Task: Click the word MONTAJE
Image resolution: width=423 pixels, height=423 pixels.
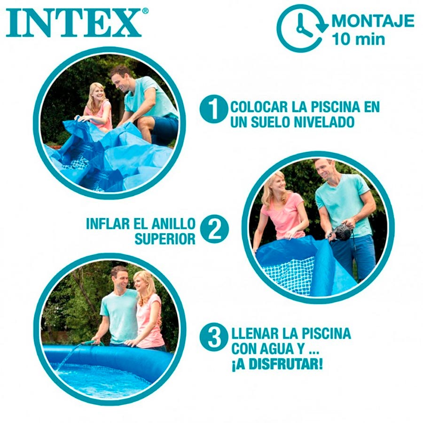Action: point(373,21)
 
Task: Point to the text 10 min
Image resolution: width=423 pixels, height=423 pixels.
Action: point(358,39)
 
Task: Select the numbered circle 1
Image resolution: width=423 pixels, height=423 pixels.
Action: point(214,109)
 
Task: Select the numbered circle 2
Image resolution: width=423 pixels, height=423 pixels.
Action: point(214,229)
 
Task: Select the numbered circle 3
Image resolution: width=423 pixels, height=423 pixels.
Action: point(214,337)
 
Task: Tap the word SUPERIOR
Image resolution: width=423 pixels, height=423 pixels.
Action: point(165,239)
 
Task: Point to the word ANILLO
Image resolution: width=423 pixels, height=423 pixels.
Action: point(173,224)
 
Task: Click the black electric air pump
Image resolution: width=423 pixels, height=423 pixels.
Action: point(342,232)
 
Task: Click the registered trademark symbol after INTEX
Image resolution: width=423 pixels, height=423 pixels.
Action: point(145,11)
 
